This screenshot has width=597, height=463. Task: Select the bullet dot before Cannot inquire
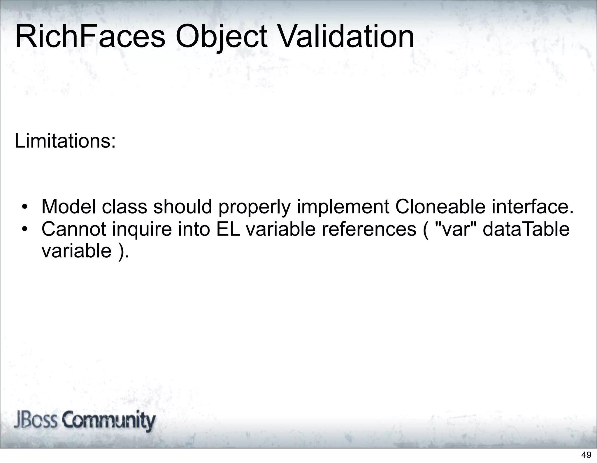pos(25,230)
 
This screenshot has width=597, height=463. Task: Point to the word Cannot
pos(73,229)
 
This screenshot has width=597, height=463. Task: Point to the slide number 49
pos(586,455)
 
